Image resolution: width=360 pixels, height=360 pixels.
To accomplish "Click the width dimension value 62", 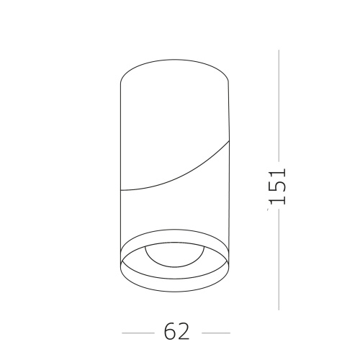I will point(176,331).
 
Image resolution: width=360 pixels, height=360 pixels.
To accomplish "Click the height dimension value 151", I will point(279,186).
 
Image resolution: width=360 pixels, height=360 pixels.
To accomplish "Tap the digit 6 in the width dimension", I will point(170,331).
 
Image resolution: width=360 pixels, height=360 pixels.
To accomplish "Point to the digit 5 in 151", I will point(279,186).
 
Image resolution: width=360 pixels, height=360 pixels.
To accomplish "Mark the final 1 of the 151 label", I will point(279,173).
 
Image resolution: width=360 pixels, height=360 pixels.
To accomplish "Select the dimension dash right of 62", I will point(215,333).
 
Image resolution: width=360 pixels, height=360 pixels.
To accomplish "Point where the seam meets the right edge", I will point(230,141).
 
